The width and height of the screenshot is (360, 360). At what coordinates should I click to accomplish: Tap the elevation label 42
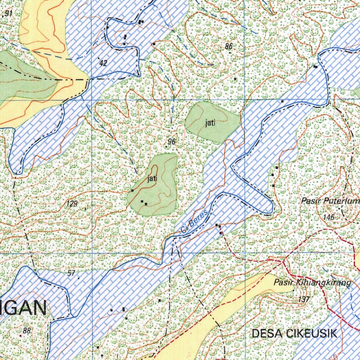[x=103, y=63]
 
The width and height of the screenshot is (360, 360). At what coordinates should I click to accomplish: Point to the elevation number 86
[x=229, y=46]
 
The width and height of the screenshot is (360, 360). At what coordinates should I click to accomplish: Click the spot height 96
[x=172, y=142]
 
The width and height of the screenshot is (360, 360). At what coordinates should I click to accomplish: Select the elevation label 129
[x=72, y=204]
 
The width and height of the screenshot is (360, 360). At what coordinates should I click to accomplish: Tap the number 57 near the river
[x=71, y=272]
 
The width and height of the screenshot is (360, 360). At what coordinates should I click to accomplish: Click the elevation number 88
[x=27, y=330]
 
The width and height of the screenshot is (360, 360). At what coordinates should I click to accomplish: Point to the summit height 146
[x=329, y=217]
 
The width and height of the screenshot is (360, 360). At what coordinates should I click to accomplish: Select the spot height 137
[x=303, y=300]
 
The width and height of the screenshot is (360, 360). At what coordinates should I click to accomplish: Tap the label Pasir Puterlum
[x=330, y=201]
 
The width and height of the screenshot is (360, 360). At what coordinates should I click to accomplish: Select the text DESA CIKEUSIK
[x=295, y=333]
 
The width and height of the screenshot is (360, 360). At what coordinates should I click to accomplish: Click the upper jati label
[x=210, y=123]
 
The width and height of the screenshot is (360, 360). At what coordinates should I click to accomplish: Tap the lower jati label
[x=152, y=179]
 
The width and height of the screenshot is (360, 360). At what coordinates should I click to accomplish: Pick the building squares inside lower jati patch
[x=144, y=202]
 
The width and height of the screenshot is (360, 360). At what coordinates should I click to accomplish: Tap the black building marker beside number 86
[x=235, y=79]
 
